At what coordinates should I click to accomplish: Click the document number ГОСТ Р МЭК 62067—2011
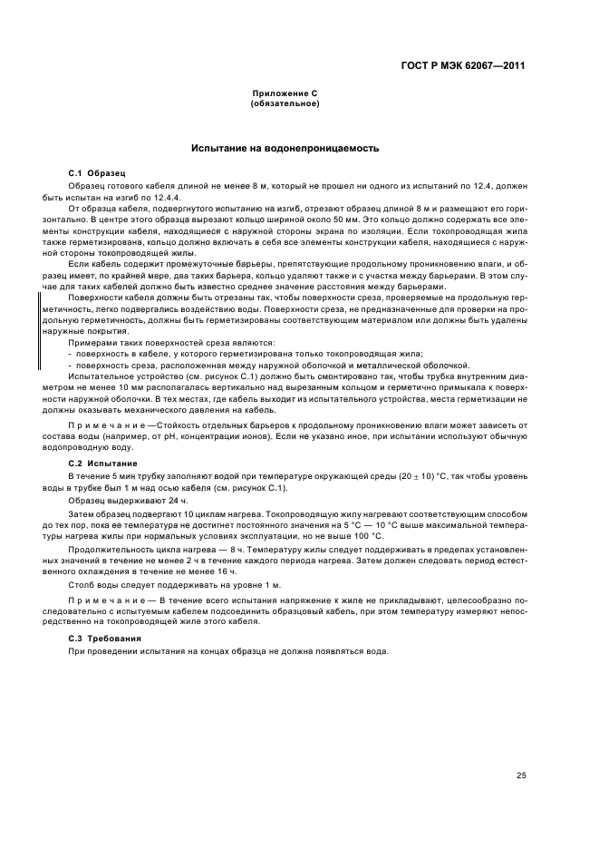pos(465,65)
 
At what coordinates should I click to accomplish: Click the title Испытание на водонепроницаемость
pos(284,147)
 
